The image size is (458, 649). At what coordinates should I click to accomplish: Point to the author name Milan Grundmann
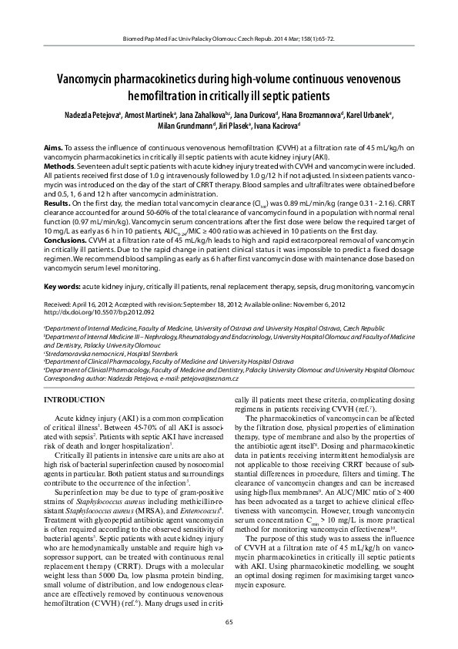tap(187, 126)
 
